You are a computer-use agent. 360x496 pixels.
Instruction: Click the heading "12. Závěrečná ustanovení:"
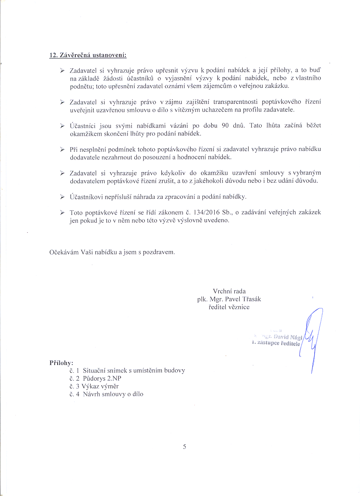click(x=88, y=56)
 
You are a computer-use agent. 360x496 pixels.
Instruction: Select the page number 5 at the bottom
click(x=185, y=446)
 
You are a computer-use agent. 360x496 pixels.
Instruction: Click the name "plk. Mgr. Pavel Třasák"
click(x=229, y=299)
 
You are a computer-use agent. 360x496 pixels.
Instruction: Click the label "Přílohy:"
click(x=61, y=363)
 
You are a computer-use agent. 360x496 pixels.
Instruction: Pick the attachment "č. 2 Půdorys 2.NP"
click(x=94, y=378)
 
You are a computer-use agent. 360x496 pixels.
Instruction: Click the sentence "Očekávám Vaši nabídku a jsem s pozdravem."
click(x=112, y=251)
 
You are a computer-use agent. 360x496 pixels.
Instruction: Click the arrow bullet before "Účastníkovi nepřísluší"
click(x=62, y=197)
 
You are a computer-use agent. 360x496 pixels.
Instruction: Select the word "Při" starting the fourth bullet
click(x=74, y=150)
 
